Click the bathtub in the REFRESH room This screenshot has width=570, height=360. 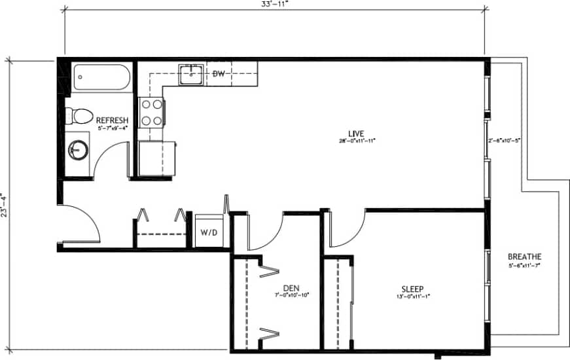(x=102, y=79)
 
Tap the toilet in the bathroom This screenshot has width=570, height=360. (x=80, y=116)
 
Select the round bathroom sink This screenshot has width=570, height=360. (x=79, y=150)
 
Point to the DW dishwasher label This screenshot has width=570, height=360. (x=219, y=73)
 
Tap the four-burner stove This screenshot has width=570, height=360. (x=151, y=111)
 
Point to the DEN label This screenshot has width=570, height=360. (x=291, y=288)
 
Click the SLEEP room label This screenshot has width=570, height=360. (x=412, y=289)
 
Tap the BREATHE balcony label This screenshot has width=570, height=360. (x=524, y=257)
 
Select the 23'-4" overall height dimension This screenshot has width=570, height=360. (x=5, y=203)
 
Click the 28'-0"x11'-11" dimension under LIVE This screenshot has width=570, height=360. (x=357, y=141)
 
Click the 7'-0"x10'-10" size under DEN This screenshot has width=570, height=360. (x=291, y=295)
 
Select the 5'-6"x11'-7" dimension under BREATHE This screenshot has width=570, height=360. (x=524, y=265)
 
